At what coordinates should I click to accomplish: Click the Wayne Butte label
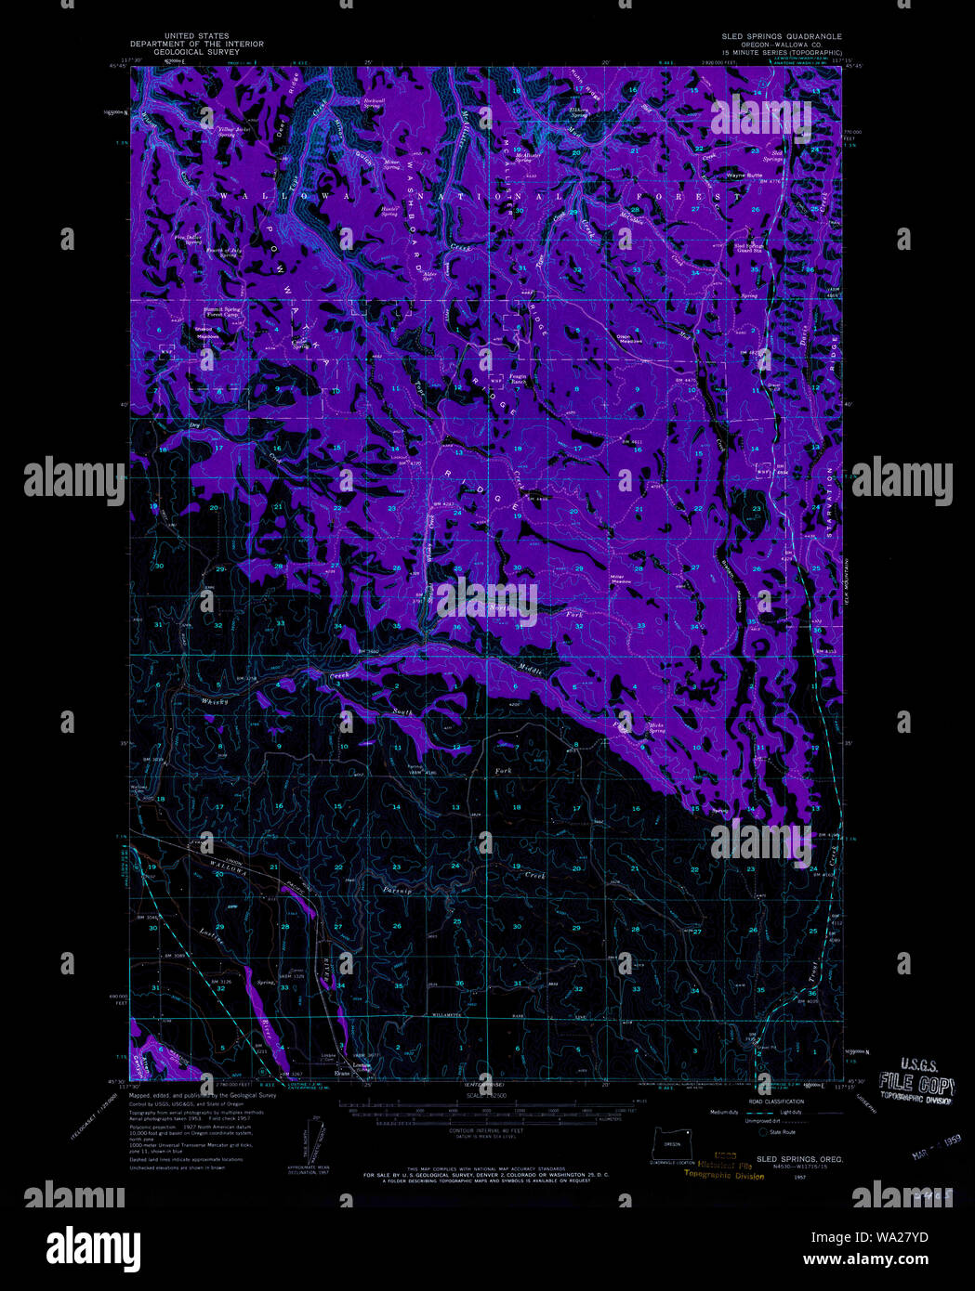pyautogui.click(x=744, y=175)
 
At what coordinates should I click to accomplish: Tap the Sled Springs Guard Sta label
pyautogui.click(x=749, y=248)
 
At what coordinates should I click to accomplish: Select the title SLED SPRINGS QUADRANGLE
pyautogui.click(x=782, y=36)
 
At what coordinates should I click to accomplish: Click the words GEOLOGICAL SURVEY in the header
pyautogui.click(x=197, y=51)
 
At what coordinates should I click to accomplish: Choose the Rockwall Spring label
pyautogui.click(x=375, y=102)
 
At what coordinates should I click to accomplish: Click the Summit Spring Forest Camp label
pyautogui.click(x=219, y=312)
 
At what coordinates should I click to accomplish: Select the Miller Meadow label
pyautogui.click(x=620, y=578)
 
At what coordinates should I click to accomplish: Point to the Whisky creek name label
pyautogui.click(x=215, y=701)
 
